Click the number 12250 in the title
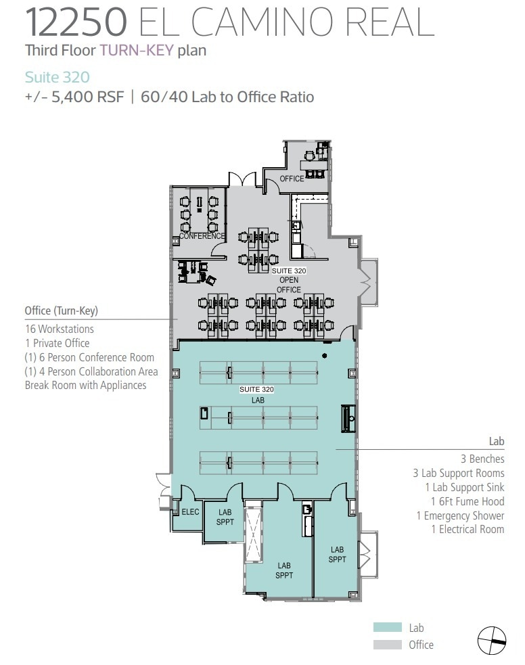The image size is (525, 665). (76, 22)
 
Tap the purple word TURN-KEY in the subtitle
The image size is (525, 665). (137, 50)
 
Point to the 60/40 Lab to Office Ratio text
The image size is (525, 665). (227, 97)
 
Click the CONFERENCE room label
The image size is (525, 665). (202, 236)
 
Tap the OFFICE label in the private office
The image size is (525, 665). (292, 179)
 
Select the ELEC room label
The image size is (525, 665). (190, 512)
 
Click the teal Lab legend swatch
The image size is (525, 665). (387, 628)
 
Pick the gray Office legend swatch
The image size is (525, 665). (387, 645)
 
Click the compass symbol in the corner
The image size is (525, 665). (492, 640)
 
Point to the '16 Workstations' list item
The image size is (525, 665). (60, 329)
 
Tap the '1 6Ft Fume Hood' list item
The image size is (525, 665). (467, 501)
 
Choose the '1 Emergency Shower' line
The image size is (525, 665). (460, 515)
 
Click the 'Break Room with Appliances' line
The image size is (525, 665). (86, 386)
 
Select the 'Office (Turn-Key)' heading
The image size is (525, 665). (62, 311)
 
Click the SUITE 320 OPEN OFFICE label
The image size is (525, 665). (290, 280)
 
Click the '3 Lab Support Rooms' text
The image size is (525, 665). (459, 473)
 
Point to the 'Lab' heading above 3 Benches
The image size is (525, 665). (497, 442)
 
